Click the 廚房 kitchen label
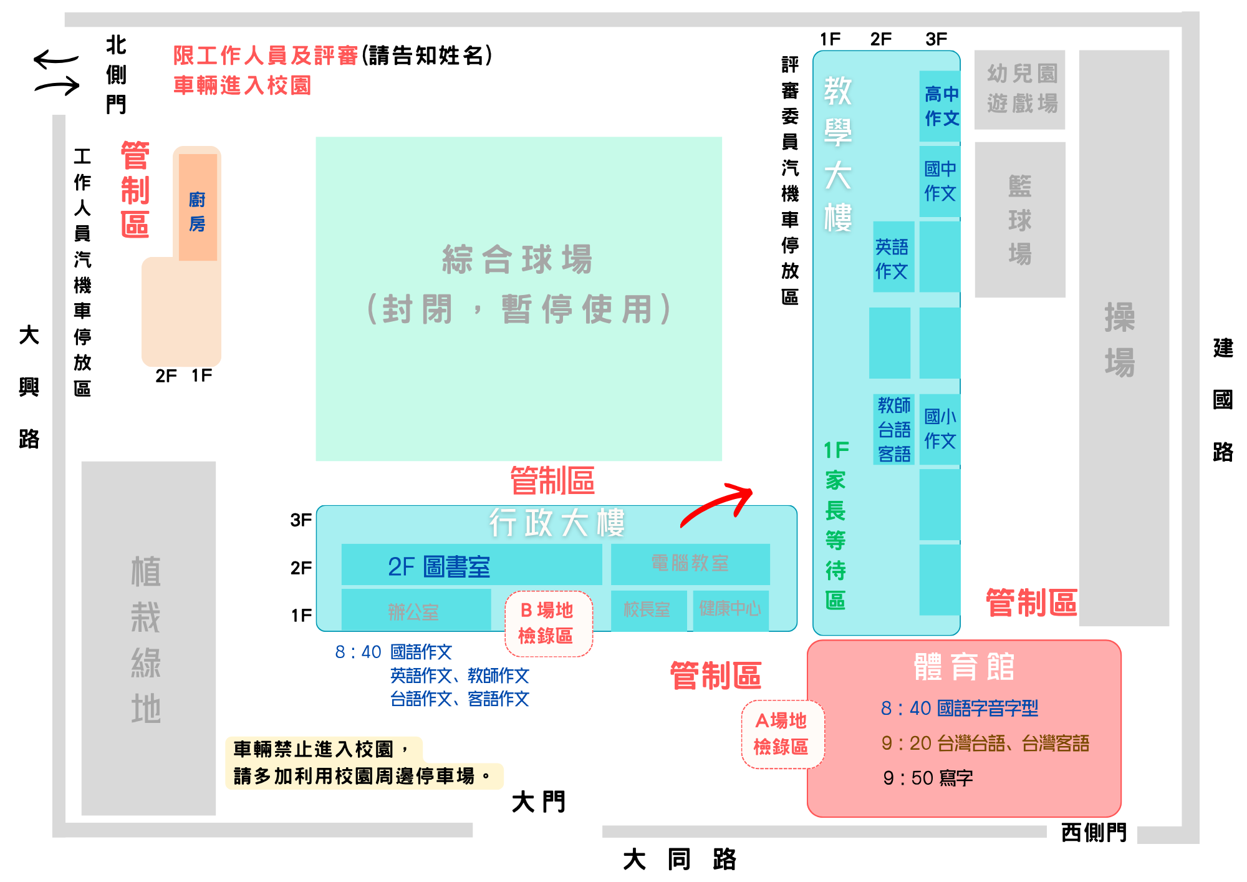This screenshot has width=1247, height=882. pyautogui.click(x=197, y=211)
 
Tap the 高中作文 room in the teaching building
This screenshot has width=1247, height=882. pyautogui.click(x=940, y=106)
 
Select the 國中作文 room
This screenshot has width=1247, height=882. pyautogui.click(x=940, y=182)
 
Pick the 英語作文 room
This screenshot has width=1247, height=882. pyautogui.click(x=893, y=256)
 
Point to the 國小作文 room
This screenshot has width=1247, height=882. pyautogui.click(x=940, y=429)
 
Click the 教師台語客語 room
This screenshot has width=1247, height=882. pyautogui.click(x=893, y=429)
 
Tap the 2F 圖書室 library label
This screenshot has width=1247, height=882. pyautogui.click(x=439, y=566)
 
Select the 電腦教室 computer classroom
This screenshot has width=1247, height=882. pyautogui.click(x=690, y=564)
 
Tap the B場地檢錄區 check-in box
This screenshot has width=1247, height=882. pyautogui.click(x=548, y=623)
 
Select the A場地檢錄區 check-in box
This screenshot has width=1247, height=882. pyautogui.click(x=782, y=734)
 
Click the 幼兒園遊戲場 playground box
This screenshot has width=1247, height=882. pyautogui.click(x=1019, y=90)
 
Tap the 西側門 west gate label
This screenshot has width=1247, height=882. pyautogui.click(x=1094, y=832)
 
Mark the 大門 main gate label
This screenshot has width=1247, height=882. pyautogui.click(x=539, y=802)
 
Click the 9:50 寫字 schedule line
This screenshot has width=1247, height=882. pyautogui.click(x=928, y=778)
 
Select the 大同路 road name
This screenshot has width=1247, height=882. pyautogui.click(x=680, y=860)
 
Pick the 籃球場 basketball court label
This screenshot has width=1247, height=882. pyautogui.click(x=1020, y=220)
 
